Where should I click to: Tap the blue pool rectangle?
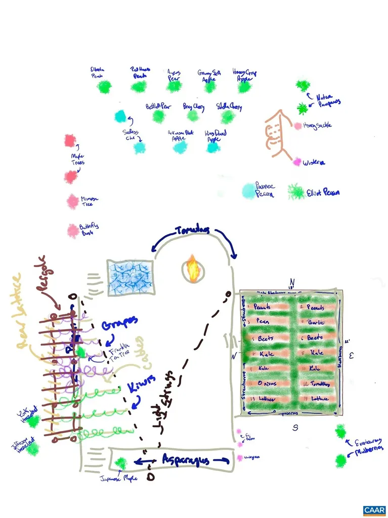(x=130, y=277)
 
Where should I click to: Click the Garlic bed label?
(x=314, y=323)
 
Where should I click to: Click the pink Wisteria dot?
(x=297, y=162)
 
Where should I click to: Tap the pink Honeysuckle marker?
(x=297, y=125)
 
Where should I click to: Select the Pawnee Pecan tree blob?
(x=248, y=190)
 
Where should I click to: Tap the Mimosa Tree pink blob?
(x=73, y=201)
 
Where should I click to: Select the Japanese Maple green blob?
(x=121, y=462)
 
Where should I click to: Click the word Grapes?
(x=119, y=322)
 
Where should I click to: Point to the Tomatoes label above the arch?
(x=193, y=231)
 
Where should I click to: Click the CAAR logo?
(x=374, y=509)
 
